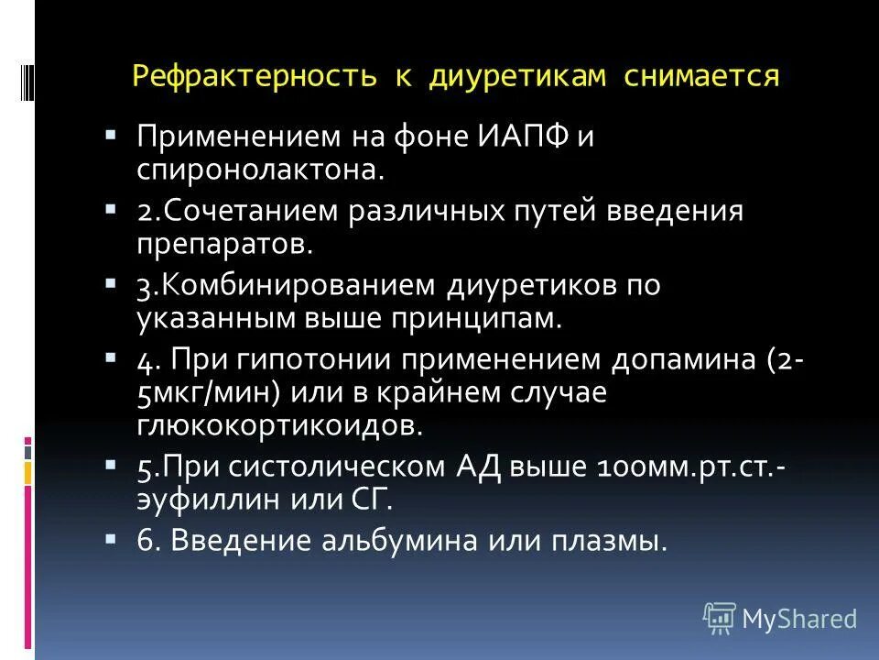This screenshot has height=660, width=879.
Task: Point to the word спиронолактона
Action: (259, 170)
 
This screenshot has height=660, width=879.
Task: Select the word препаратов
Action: (225, 243)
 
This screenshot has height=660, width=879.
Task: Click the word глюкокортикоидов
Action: (281, 424)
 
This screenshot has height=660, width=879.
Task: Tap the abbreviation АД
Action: (475, 466)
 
